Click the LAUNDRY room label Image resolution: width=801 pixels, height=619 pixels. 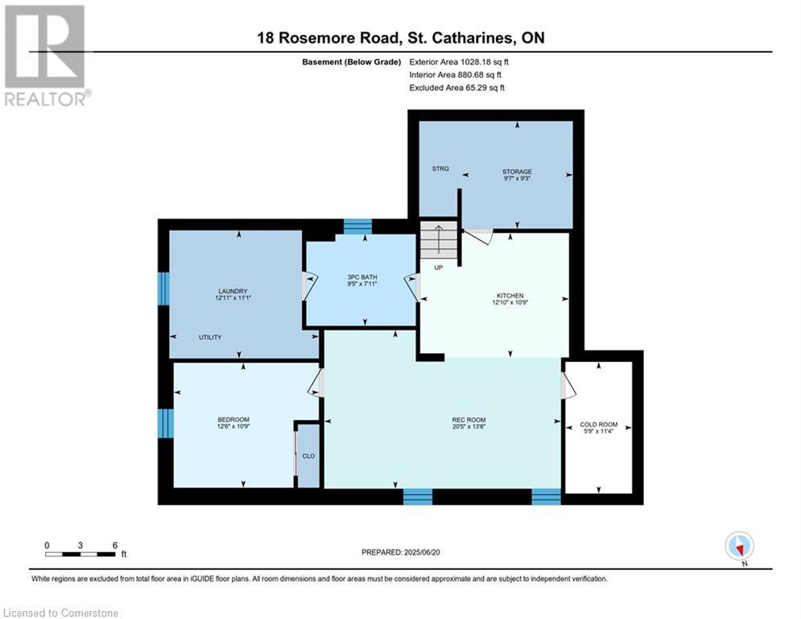(233, 291)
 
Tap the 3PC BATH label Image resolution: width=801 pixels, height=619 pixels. (362, 277)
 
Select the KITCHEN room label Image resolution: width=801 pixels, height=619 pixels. (510, 296)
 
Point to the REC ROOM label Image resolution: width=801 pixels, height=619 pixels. (469, 420)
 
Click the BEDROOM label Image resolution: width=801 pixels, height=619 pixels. (233, 420)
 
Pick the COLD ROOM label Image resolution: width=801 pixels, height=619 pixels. (599, 425)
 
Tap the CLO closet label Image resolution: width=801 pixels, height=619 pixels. (308, 456)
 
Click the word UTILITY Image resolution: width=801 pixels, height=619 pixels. (210, 337)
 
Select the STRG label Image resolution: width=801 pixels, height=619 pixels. (440, 168)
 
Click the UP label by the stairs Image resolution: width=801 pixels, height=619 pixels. (438, 268)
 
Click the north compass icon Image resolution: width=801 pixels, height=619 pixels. (739, 546)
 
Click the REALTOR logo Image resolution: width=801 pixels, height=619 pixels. (46, 56)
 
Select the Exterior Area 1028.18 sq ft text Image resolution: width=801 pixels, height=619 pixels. (459, 62)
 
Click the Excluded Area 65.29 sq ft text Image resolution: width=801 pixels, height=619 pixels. (456, 88)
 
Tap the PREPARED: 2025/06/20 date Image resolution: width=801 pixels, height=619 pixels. (401, 552)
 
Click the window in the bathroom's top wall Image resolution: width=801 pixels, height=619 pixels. (357, 226)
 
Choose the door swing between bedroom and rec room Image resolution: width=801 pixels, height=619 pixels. (316, 383)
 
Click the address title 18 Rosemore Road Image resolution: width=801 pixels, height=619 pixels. (328, 38)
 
